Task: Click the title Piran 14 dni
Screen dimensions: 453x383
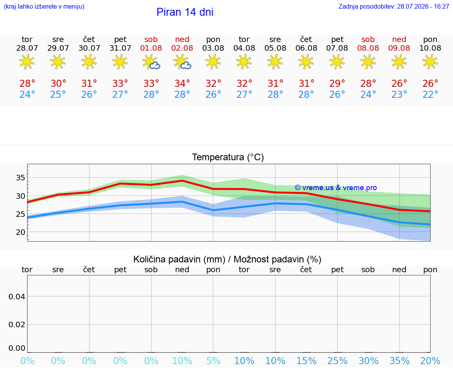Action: [x=185, y=12]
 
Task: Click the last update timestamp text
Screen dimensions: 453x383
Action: [x=394, y=6]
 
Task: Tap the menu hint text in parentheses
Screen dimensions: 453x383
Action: [x=44, y=6]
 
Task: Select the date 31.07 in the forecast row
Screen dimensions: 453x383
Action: [x=120, y=48]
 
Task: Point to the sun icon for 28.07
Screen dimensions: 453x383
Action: [x=27, y=62]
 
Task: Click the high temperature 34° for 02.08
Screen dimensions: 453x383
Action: [x=182, y=84]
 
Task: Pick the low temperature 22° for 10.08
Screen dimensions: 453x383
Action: [x=430, y=94]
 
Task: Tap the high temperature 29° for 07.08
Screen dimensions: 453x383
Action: [x=337, y=84]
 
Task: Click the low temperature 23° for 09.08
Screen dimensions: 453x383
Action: [x=399, y=94]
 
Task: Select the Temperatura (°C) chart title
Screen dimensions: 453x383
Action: [x=228, y=157]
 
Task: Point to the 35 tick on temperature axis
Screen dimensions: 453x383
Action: [x=20, y=178]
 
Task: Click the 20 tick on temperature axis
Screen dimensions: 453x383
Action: [x=20, y=232]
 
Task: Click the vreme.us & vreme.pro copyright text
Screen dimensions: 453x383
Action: [x=336, y=188]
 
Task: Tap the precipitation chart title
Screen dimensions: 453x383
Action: [x=227, y=260]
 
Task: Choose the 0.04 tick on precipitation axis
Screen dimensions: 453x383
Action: [x=17, y=297]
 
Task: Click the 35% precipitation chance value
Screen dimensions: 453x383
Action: [x=400, y=361]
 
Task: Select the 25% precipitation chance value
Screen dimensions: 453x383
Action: [x=337, y=361]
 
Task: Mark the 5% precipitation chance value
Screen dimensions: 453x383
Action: [x=214, y=361]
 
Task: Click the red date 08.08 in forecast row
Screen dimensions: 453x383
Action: [x=368, y=48]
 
